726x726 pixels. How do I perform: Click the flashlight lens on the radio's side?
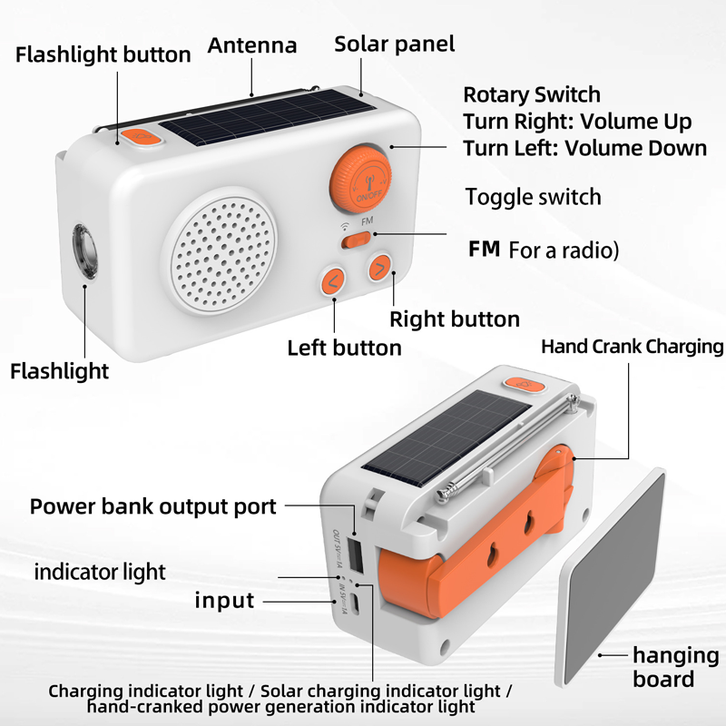coord(84,251)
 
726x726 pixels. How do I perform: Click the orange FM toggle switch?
coord(356,240)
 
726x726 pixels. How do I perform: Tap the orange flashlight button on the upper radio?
coord(141,137)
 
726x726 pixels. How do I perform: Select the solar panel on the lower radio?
coord(446,437)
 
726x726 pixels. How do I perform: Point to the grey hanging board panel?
coord(612,577)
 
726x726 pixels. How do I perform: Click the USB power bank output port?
coord(355,554)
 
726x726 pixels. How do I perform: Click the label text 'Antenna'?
coord(252,44)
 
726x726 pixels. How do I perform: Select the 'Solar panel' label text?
coord(395,44)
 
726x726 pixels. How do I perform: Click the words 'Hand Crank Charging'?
coord(632,347)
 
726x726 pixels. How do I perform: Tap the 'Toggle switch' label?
coord(534,197)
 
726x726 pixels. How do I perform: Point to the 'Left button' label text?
coord(344,348)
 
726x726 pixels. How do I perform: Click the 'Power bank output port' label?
coord(152,506)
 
